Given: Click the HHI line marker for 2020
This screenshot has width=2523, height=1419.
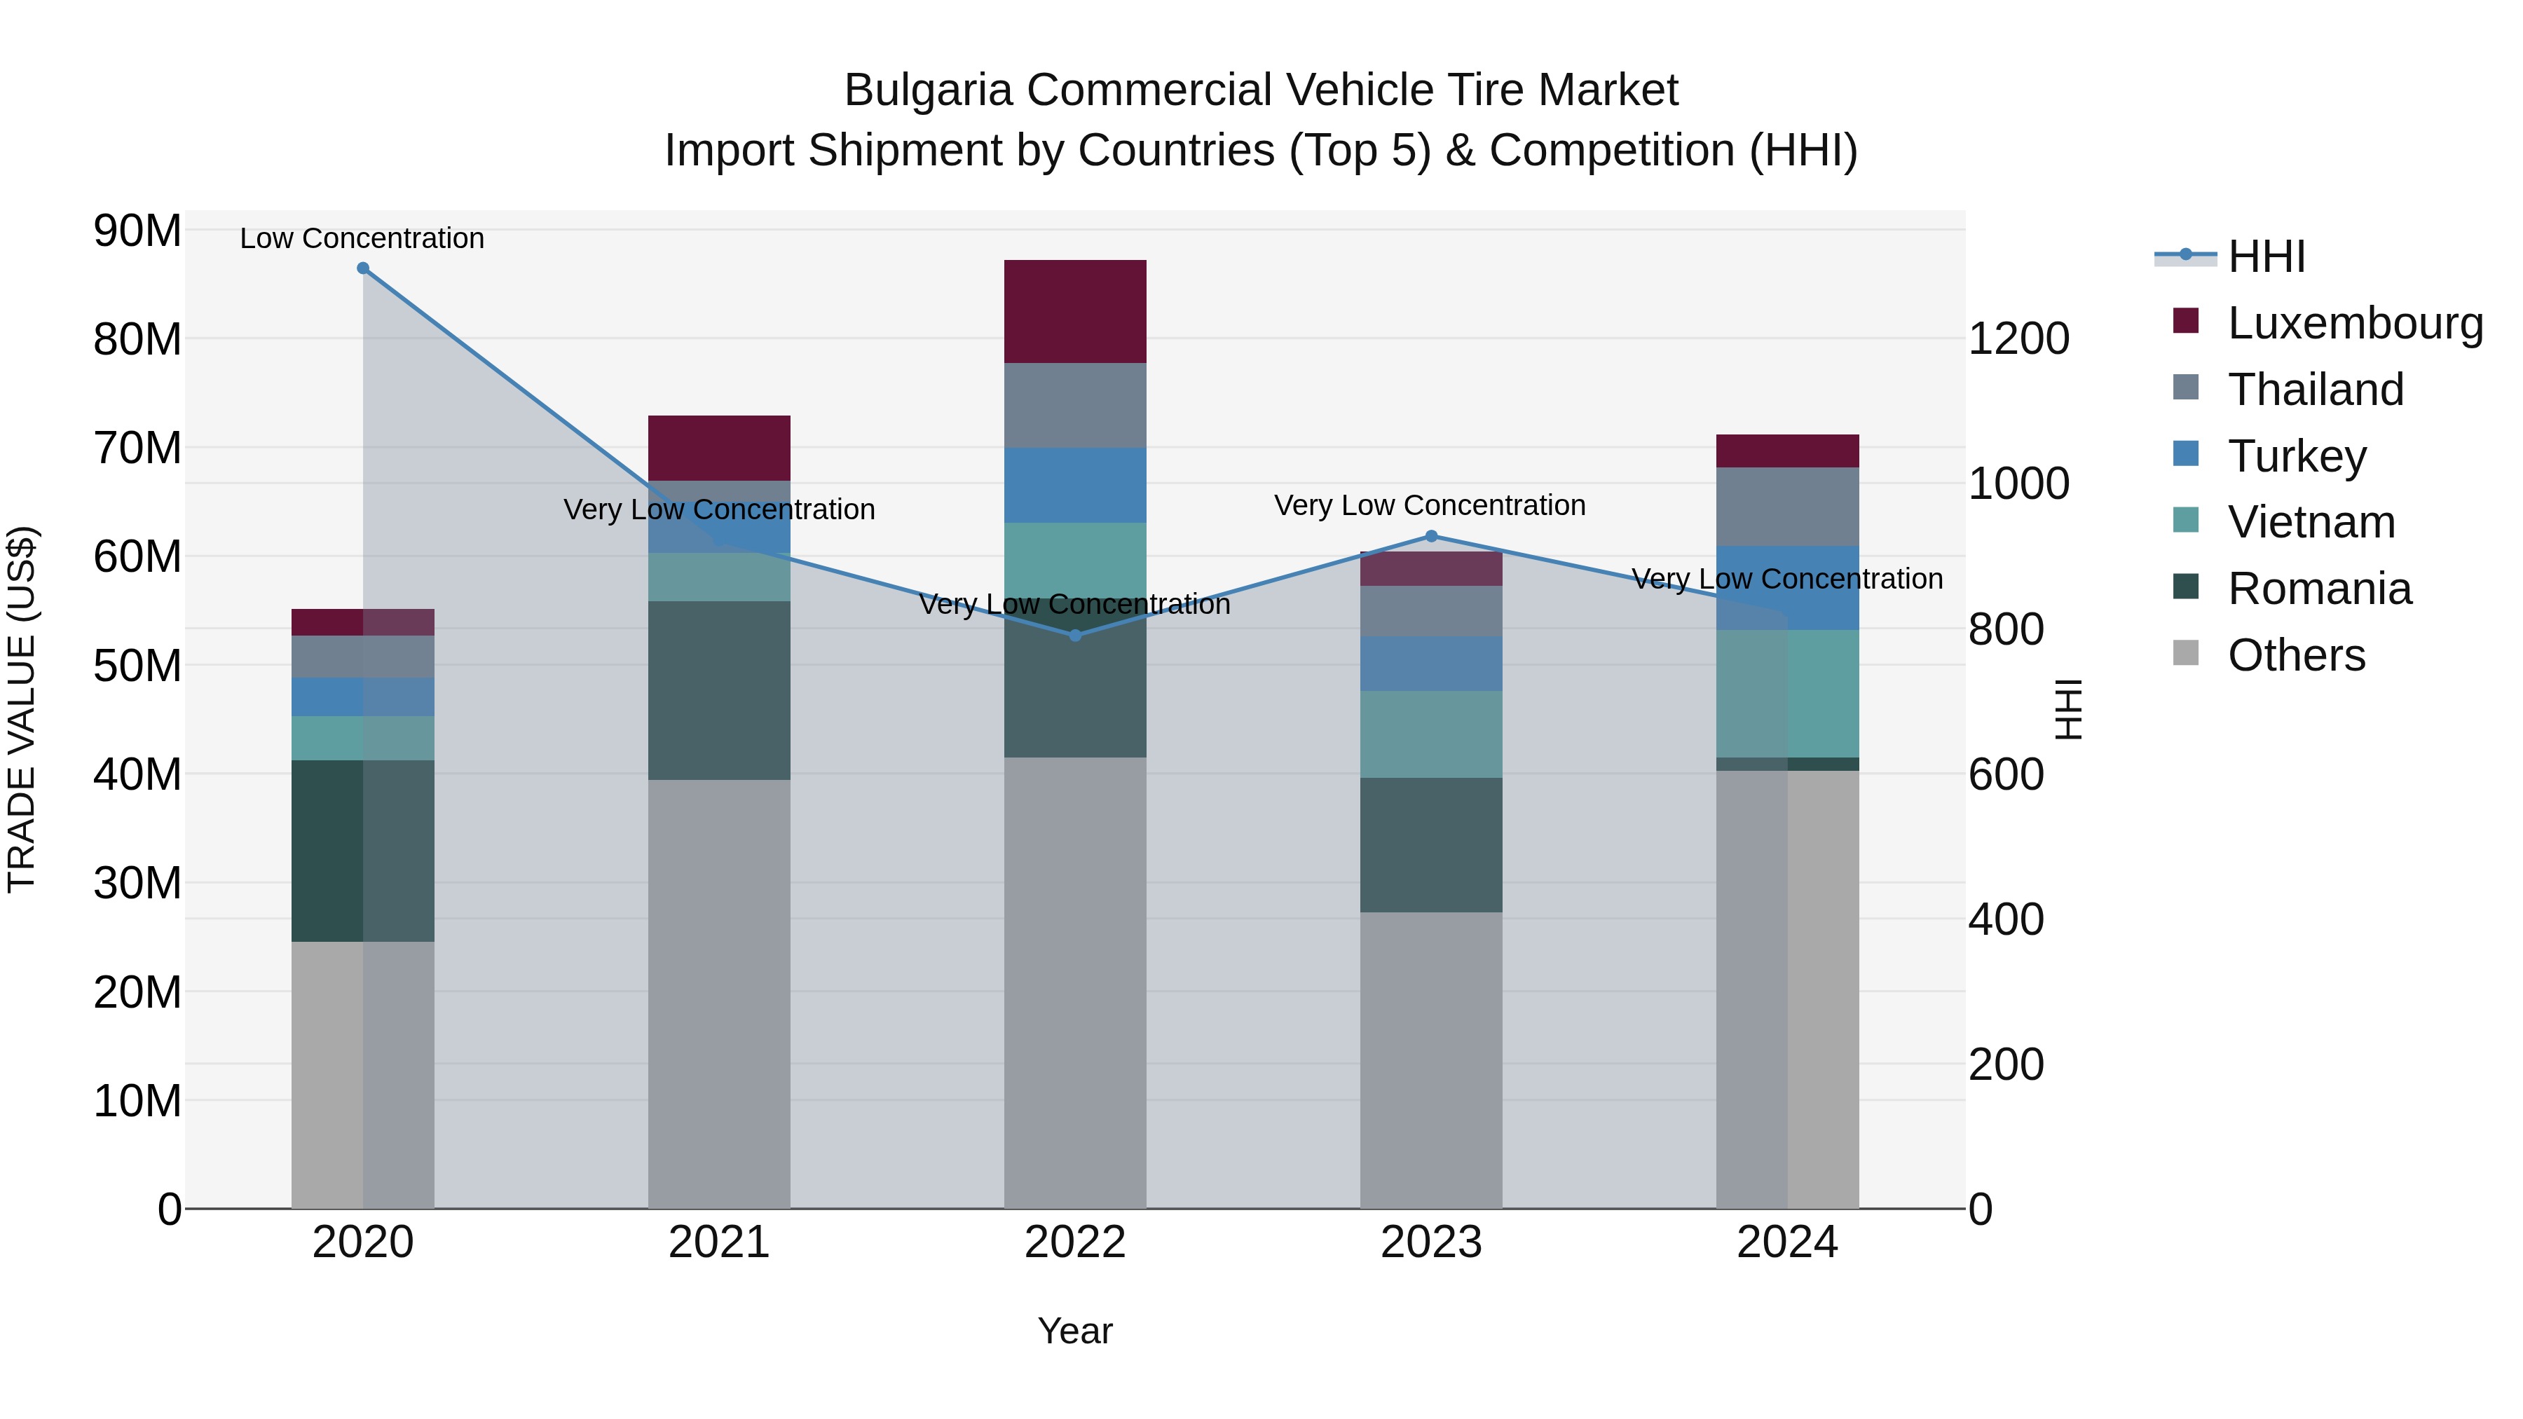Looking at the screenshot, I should [x=363, y=268].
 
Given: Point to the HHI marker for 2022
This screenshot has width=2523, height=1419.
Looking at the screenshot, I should [x=1075, y=636].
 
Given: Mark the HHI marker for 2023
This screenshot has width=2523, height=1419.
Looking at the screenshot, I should [x=1431, y=537].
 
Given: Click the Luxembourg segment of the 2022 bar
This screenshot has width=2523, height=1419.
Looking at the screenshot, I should [x=1075, y=311].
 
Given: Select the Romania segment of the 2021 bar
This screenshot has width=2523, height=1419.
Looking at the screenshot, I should [x=719, y=690].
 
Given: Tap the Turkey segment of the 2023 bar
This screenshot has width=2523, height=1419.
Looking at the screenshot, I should [x=1431, y=664].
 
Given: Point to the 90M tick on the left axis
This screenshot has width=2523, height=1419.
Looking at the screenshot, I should [x=137, y=231].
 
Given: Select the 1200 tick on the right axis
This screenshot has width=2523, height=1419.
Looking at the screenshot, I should [x=2018, y=339].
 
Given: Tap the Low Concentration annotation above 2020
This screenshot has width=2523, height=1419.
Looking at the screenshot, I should [x=362, y=239].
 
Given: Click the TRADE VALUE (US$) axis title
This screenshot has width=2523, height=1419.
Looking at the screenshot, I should [x=22, y=709].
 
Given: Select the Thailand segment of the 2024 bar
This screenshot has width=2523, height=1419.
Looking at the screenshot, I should [x=1787, y=507].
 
